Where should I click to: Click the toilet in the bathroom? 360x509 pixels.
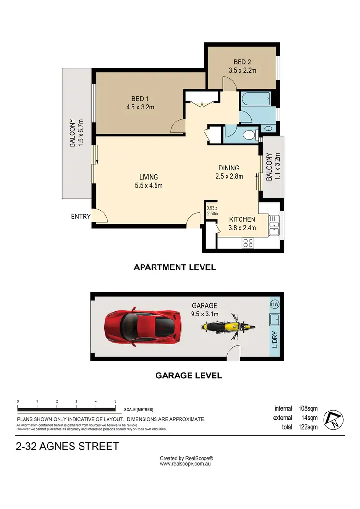tap(249, 135)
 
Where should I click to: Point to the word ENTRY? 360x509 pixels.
tap(80, 217)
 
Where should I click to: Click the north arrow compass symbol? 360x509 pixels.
tap(334, 420)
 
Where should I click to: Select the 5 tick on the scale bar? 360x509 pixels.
tap(115, 400)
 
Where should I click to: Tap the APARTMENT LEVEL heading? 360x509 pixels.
tap(175, 267)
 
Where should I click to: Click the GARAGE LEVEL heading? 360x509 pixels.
tap(189, 376)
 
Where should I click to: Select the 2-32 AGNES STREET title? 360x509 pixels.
tap(67, 447)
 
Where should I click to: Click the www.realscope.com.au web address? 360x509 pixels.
tap(186, 464)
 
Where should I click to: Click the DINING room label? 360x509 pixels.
tap(229, 168)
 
